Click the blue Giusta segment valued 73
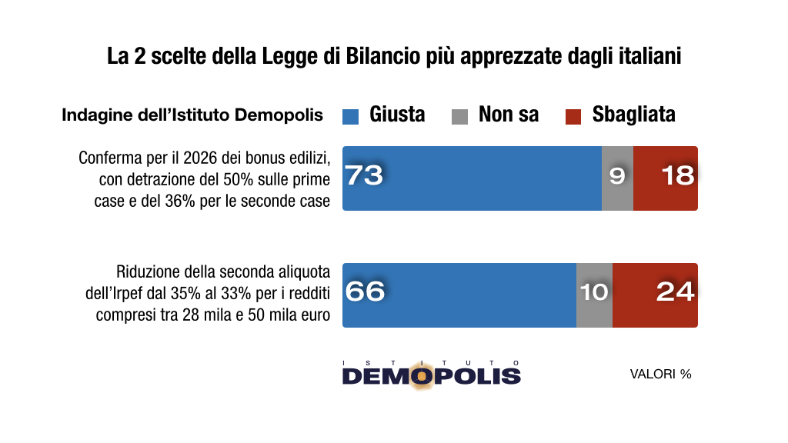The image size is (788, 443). (472, 178)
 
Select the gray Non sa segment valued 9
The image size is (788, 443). (617, 178)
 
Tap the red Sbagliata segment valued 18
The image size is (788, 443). (666, 178)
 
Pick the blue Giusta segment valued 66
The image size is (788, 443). (459, 295)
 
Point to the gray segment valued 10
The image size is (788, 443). (594, 295)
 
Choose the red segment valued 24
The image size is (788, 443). (655, 295)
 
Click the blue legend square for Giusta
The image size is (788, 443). (351, 116)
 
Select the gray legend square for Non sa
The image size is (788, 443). (459, 116)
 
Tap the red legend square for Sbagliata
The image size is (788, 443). (573, 116)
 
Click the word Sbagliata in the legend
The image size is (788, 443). (633, 115)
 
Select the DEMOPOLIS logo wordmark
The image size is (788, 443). (431, 375)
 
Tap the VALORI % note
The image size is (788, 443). (660, 375)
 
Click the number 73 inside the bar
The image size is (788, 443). (364, 176)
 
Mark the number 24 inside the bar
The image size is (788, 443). (675, 292)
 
